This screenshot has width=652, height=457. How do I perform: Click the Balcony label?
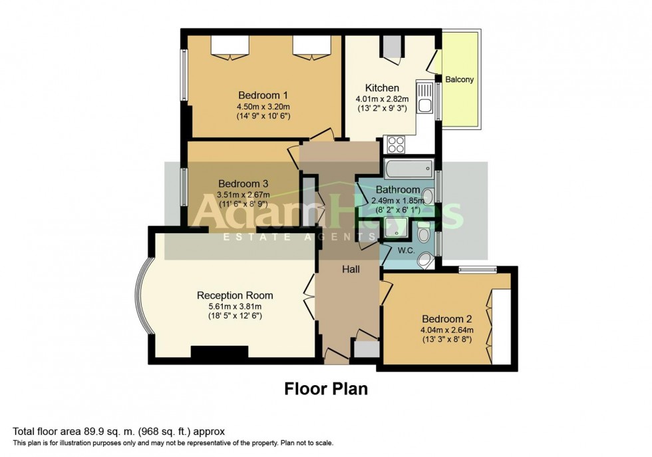[460, 80]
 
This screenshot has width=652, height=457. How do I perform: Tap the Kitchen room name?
[382, 88]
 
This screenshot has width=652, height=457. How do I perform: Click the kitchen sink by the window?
[424, 97]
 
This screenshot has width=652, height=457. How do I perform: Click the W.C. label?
[407, 251]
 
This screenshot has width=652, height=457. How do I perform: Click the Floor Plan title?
[326, 388]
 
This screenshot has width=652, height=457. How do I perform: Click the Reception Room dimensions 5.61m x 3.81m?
[235, 306]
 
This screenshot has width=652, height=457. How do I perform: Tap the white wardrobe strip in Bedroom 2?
[502, 327]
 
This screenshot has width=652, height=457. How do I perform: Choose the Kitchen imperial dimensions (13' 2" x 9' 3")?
[382, 109]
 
